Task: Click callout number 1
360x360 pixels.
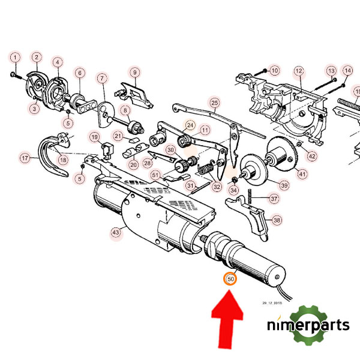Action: (15, 58)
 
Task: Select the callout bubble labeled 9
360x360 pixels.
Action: (136, 72)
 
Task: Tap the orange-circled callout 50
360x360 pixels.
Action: (230, 278)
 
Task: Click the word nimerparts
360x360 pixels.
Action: (308, 326)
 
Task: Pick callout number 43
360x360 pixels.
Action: (115, 232)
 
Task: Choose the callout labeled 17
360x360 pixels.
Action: (25, 158)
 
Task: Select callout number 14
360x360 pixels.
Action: (347, 71)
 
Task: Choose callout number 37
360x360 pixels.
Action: (274, 198)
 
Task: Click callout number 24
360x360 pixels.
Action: (190, 125)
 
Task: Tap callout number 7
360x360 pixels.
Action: (102, 79)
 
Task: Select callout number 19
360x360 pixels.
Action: (94, 137)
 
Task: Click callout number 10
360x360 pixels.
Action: (274, 71)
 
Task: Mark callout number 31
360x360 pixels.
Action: (190, 186)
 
